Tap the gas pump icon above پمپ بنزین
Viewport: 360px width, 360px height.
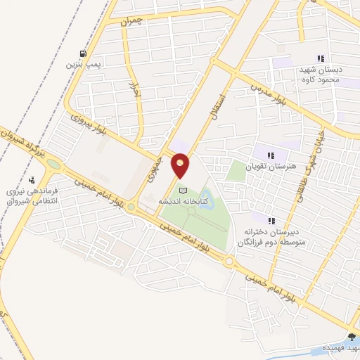[84, 53]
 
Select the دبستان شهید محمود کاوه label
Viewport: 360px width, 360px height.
[321, 75]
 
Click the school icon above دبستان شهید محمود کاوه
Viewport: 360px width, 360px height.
[321, 59]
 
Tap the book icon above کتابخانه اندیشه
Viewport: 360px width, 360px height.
[184, 191]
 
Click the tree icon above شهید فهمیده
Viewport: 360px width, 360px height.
[351, 338]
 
